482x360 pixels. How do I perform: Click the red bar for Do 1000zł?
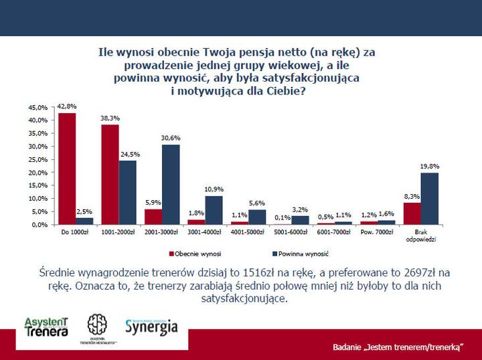pyautogui.click(x=68, y=169)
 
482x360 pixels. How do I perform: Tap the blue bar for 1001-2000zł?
pyautogui.click(x=127, y=193)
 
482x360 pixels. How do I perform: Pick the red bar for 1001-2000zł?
pyautogui.click(x=110, y=175)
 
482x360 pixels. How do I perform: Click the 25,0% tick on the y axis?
pyautogui.click(x=39, y=159)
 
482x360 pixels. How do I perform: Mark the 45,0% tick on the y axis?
pyautogui.click(x=39, y=107)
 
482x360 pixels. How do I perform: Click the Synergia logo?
pyautogui.click(x=151, y=327)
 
